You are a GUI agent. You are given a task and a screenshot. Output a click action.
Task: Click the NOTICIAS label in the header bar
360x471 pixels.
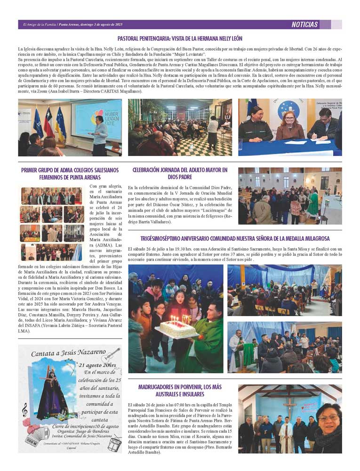tap(305, 24)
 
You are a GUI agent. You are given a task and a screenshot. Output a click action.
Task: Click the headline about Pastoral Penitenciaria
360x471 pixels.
tap(180, 39)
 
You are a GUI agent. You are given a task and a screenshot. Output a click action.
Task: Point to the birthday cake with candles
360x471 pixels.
tap(178, 328)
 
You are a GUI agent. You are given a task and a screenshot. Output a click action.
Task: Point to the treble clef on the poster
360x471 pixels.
tap(24, 411)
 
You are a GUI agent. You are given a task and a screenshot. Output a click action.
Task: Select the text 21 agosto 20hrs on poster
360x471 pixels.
tap(98, 365)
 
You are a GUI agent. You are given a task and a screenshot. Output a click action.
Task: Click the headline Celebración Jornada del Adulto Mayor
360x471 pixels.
tap(180, 173)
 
